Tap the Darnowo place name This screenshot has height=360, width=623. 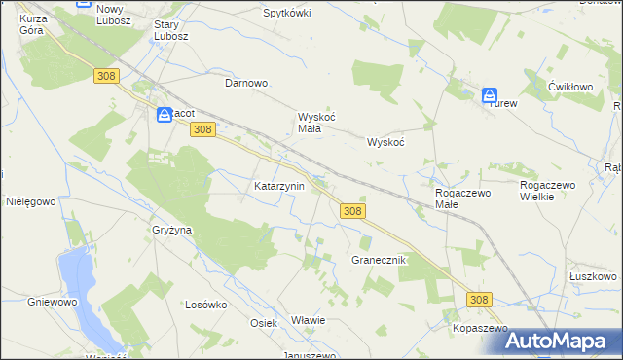(x=246, y=83)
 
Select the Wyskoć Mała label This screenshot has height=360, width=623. (x=316, y=122)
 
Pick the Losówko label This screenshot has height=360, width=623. (x=205, y=304)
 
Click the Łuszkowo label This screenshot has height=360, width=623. (x=592, y=276)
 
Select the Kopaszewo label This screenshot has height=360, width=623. (x=480, y=329)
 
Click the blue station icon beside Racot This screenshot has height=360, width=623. (x=165, y=114)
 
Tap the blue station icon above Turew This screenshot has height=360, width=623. (x=490, y=95)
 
